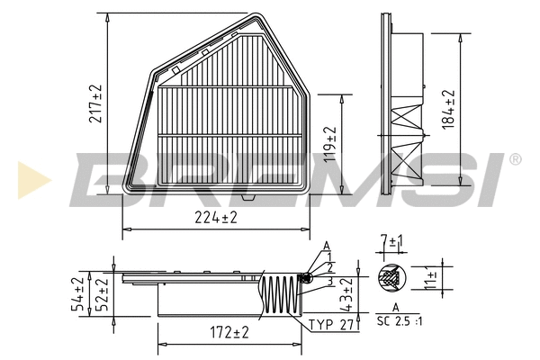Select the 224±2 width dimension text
(216, 218)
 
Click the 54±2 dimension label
(78, 293)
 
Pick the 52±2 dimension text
(103, 293)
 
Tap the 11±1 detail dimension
(432, 280)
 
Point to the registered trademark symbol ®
(515, 159)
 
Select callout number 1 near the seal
(329, 256)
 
